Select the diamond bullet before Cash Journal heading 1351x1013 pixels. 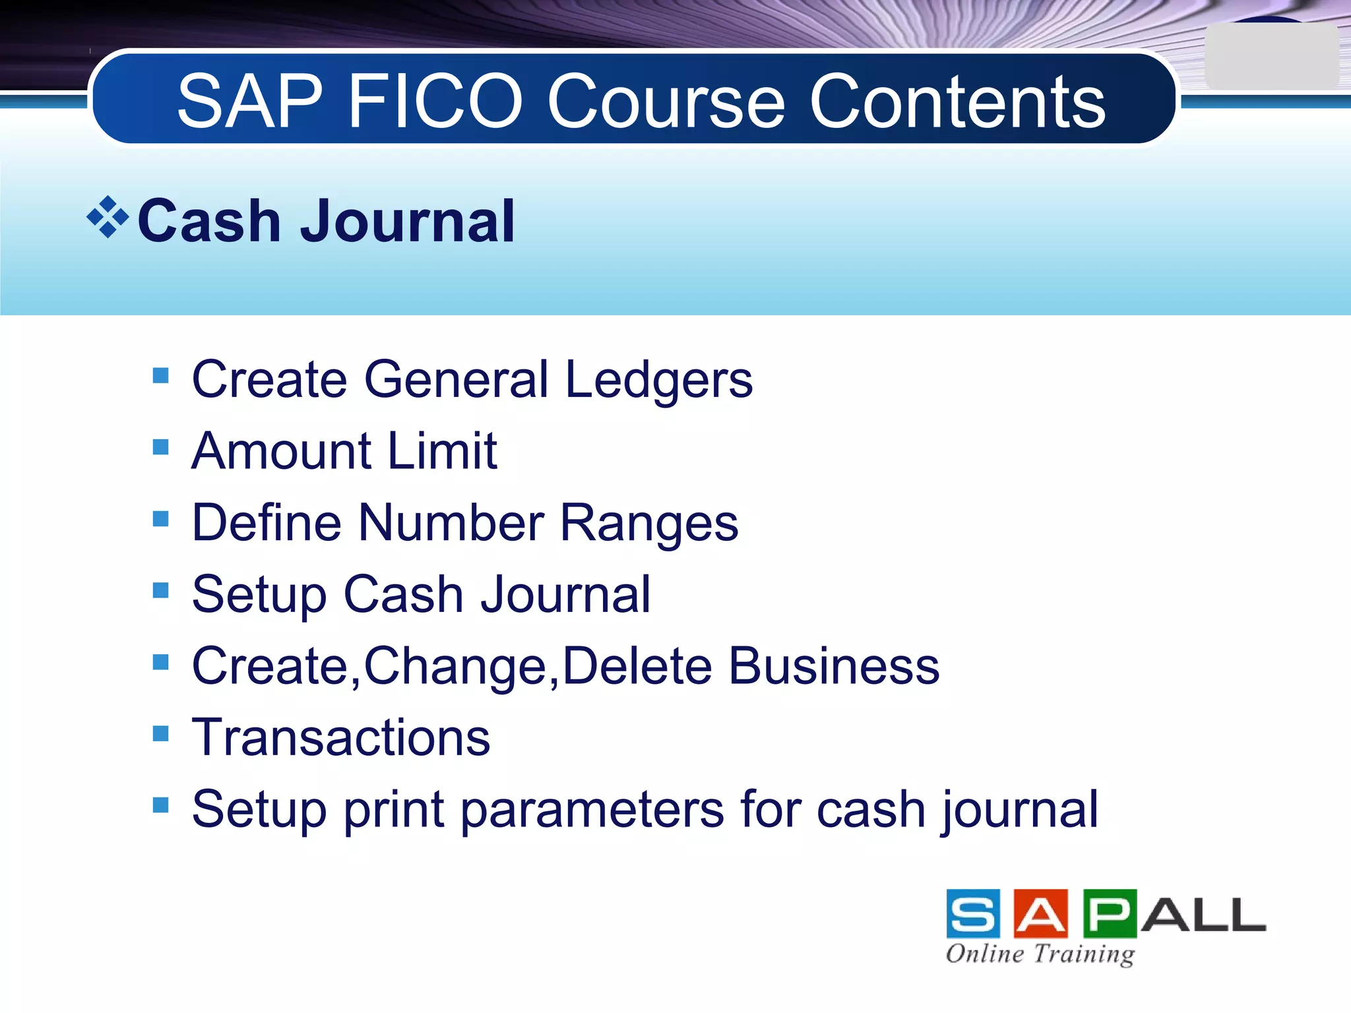click(108, 216)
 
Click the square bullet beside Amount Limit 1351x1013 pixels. click(160, 448)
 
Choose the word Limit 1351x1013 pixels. click(442, 451)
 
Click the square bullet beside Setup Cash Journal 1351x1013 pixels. click(160, 590)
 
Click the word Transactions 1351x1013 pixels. click(341, 737)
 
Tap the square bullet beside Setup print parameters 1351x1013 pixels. click(160, 805)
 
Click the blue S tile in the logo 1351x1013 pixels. click(972, 913)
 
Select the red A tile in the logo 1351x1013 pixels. click(1040, 913)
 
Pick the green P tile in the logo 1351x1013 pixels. click(1109, 913)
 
